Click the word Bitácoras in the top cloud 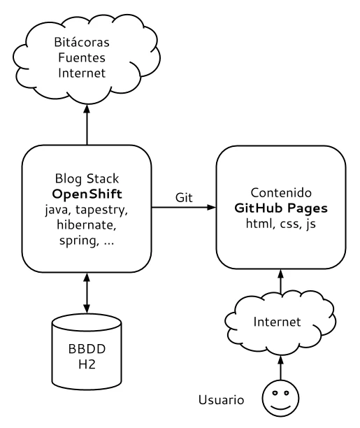(82, 42)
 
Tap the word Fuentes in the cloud (82, 57)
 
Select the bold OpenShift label (87, 194)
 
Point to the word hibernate (86, 225)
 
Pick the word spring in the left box (78, 241)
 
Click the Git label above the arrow (184, 197)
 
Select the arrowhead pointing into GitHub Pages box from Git (211, 208)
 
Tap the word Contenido (281, 193)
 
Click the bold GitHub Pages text (281, 208)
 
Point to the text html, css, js (280, 224)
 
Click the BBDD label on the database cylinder (87, 349)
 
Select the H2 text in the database (87, 364)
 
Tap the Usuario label (221, 400)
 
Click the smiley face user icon (280, 398)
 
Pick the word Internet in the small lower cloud (277, 322)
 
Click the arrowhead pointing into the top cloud (87, 109)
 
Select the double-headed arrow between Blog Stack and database (87, 293)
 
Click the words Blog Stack (87, 179)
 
